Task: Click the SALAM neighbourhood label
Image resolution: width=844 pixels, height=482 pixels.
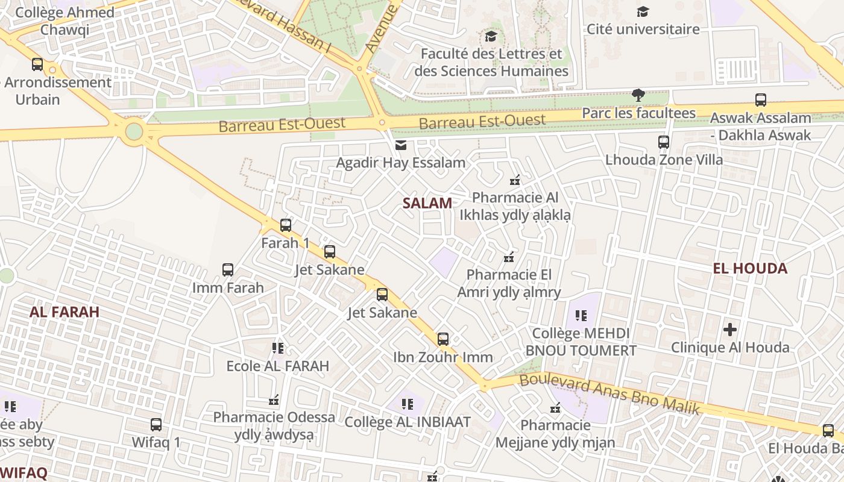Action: pyautogui.click(x=427, y=203)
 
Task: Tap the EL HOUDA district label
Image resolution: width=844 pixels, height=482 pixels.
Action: pyautogui.click(x=750, y=268)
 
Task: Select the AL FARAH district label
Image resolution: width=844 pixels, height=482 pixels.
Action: pyautogui.click(x=65, y=311)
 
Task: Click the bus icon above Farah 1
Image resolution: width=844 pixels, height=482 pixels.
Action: pyautogui.click(x=286, y=225)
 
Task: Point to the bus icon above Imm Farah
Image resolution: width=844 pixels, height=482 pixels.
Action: pyautogui.click(x=228, y=270)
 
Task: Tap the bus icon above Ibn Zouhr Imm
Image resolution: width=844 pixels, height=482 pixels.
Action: pyautogui.click(x=443, y=339)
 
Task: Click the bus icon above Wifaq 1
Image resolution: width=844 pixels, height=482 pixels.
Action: pyautogui.click(x=156, y=425)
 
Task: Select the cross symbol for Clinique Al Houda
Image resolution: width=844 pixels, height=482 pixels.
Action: pyautogui.click(x=730, y=330)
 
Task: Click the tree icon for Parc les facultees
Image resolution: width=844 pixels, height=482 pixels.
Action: pyautogui.click(x=638, y=95)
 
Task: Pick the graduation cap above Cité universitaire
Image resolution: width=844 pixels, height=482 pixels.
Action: pyautogui.click(x=643, y=11)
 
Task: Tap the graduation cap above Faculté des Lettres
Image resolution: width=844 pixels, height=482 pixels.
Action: pyautogui.click(x=491, y=36)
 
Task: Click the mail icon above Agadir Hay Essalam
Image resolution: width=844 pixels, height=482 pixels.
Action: pyautogui.click(x=401, y=145)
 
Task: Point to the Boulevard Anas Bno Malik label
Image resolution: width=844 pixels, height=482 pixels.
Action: pyautogui.click(x=609, y=393)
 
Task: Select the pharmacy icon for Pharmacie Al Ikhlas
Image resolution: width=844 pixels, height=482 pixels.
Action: pyautogui.click(x=515, y=180)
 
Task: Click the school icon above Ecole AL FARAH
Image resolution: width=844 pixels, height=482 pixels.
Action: pyautogui.click(x=277, y=348)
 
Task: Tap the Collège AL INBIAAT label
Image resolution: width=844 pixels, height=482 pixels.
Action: pyautogui.click(x=408, y=422)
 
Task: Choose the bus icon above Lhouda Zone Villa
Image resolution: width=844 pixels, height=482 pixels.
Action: pyautogui.click(x=664, y=142)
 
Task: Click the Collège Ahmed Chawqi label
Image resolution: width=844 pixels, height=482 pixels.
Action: pyautogui.click(x=65, y=20)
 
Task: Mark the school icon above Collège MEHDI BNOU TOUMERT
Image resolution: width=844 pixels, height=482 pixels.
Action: pyautogui.click(x=581, y=315)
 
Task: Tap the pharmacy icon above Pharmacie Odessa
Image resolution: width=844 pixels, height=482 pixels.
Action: pyautogui.click(x=274, y=399)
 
